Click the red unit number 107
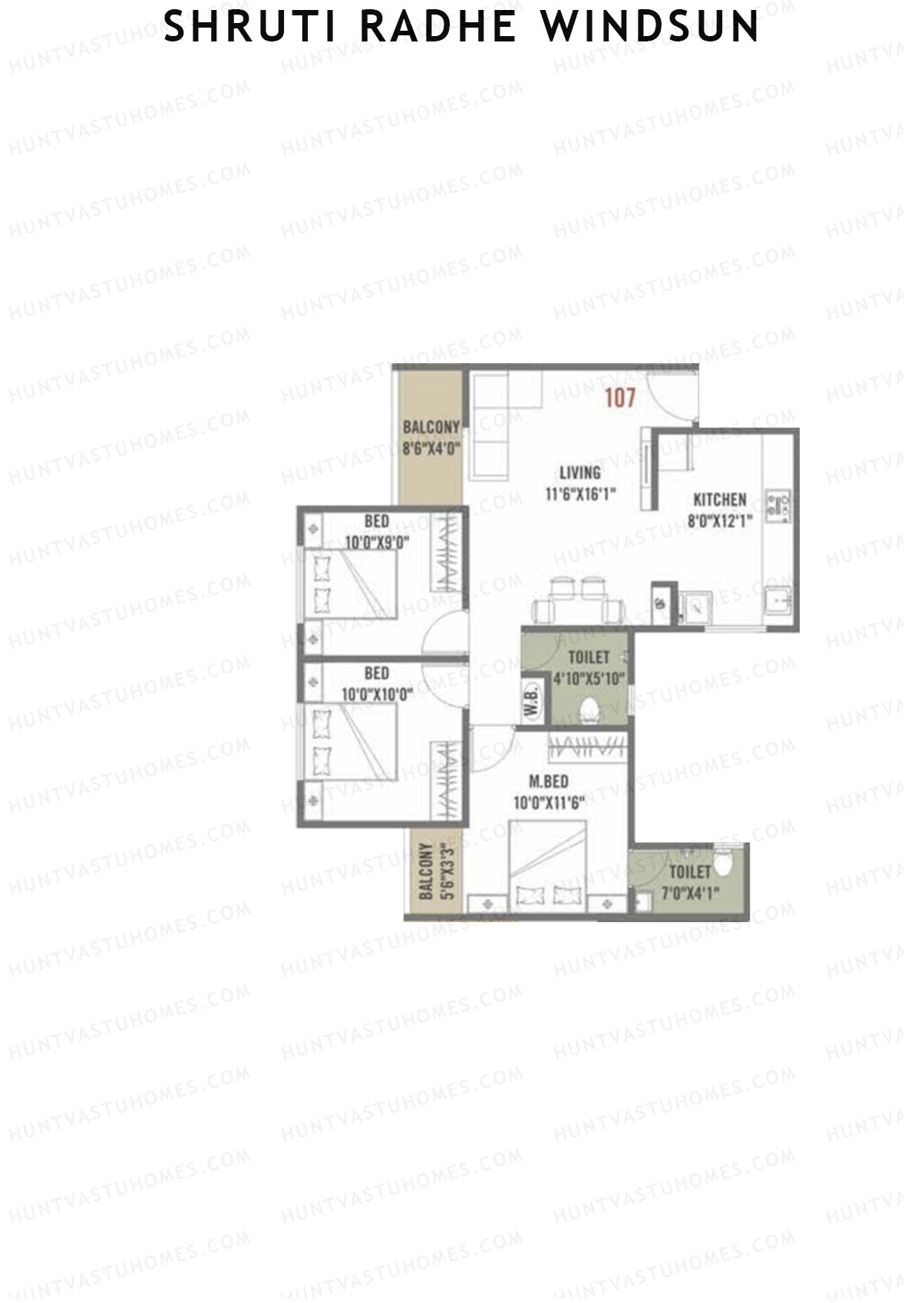click(620, 398)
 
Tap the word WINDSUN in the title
click(651, 28)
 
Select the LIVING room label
click(579, 472)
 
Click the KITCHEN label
click(719, 499)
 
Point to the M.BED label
click(549, 782)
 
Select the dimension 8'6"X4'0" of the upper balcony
click(431, 448)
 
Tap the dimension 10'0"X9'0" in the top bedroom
click(377, 542)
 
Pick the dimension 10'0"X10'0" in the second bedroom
click(377, 694)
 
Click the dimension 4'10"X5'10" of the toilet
click(589, 678)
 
